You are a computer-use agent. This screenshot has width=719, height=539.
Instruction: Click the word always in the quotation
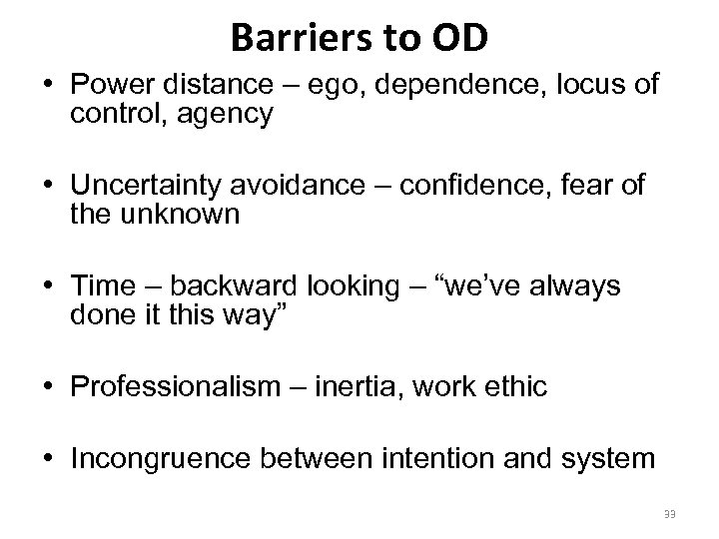pos(572,286)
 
